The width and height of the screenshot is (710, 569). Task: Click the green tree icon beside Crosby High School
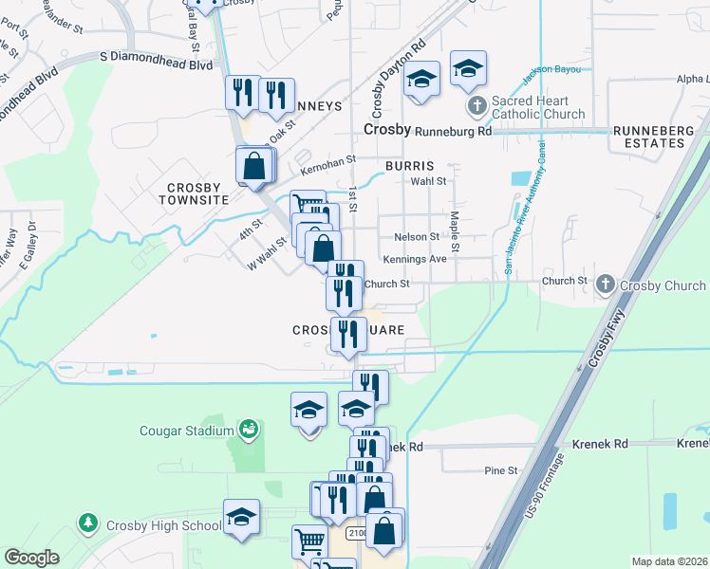tap(88, 523)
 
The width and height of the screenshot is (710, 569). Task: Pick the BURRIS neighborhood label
tap(409, 165)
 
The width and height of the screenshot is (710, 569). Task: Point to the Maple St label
tap(455, 232)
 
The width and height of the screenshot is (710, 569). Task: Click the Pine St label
tap(500, 469)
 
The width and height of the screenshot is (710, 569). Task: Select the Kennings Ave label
tap(415, 259)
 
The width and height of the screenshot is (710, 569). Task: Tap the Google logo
tap(32, 558)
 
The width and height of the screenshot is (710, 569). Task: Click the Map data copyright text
tap(669, 561)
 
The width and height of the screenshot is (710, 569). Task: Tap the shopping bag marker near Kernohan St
tap(254, 167)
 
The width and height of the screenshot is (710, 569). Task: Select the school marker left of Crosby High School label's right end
tap(242, 518)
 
